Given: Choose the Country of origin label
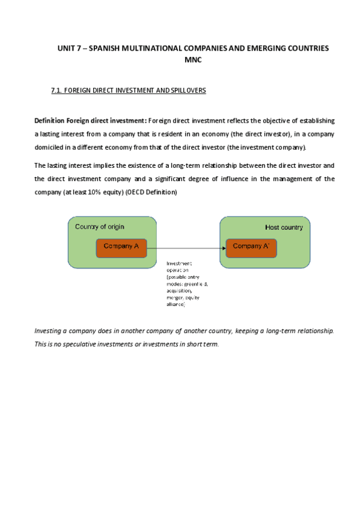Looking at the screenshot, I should [x=99, y=226].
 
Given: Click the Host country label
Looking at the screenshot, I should [x=284, y=227].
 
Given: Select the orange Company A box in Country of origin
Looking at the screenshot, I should [x=121, y=246].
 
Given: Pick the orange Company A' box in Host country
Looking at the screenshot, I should [x=251, y=246].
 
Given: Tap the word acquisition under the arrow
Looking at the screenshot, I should [x=180, y=290].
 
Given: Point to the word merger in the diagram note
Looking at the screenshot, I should [x=175, y=297].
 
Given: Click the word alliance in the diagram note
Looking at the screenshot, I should [x=176, y=304].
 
